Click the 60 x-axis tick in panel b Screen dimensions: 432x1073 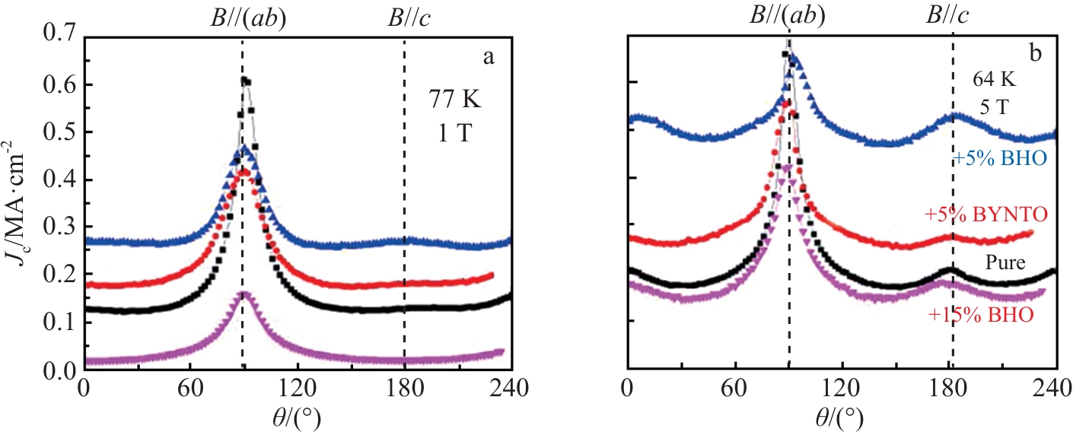[734, 388]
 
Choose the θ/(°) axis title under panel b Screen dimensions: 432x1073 [841, 415]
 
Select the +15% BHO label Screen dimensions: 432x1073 [982, 314]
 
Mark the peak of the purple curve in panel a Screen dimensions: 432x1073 [243, 292]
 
